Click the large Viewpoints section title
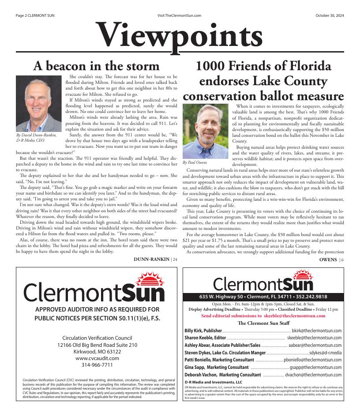pyautogui.click(x=180, y=35)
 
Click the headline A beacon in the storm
pyautogui.click(x=97, y=66)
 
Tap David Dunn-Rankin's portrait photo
pyautogui.click(x=36, y=103)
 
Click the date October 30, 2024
pyautogui.click(x=330, y=15)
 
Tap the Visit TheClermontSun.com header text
pyautogui.click(x=179, y=15)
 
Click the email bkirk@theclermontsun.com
pyautogui.click(x=317, y=331)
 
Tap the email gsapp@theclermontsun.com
pyautogui.click(x=315, y=367)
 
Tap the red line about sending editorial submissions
pyautogui.click(x=263, y=316)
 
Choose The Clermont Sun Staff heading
pyautogui.click(x=263, y=323)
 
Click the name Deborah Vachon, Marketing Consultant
pyautogui.click(x=223, y=375)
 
